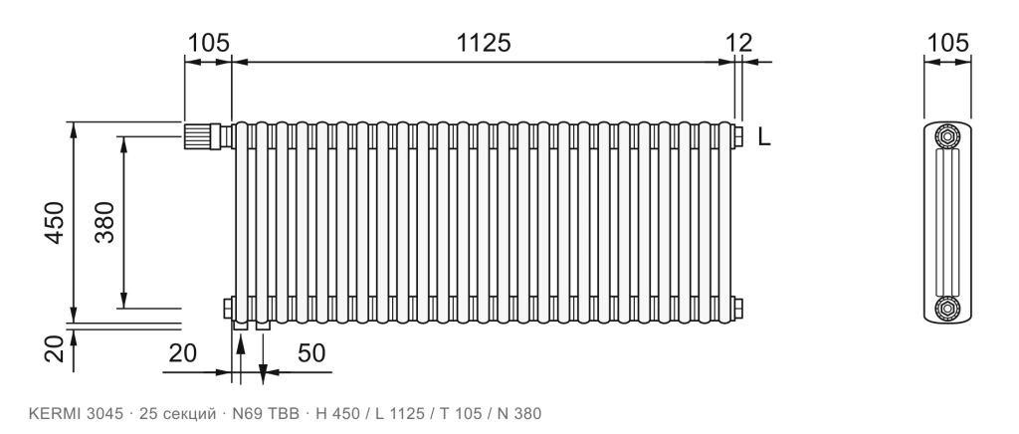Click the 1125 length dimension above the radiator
[484, 43]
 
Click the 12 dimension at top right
[739, 43]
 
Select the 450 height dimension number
[55, 223]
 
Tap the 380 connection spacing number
[103, 222]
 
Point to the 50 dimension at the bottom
[311, 353]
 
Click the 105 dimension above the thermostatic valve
[209, 43]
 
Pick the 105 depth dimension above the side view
[947, 43]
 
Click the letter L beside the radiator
[764, 137]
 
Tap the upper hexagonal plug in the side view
[947, 136]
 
